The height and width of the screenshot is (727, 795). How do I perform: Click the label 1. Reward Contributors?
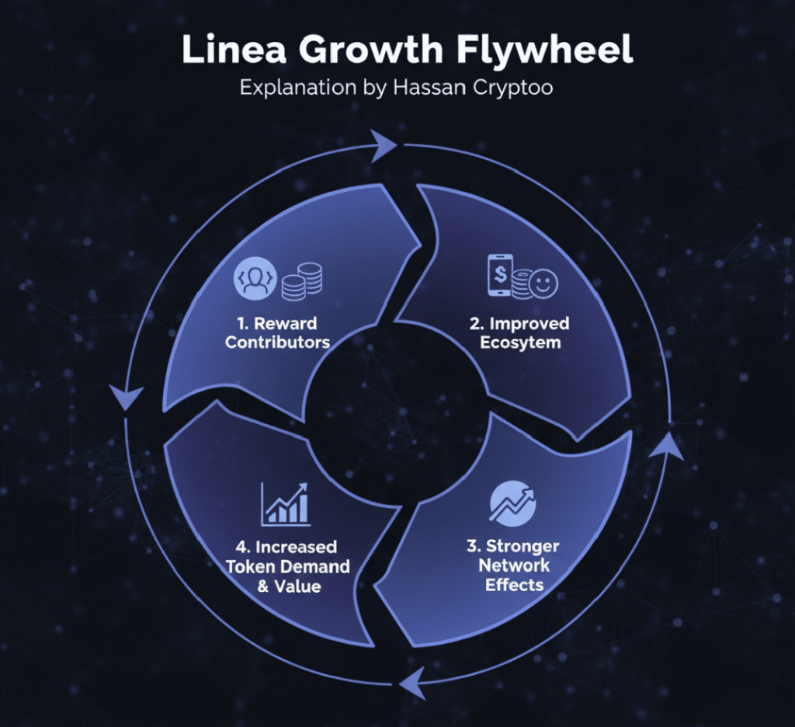(277, 332)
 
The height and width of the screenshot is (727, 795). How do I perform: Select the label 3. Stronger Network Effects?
(519, 565)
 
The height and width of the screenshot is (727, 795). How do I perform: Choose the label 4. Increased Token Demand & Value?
(288, 566)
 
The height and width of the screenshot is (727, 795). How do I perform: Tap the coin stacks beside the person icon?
(302, 280)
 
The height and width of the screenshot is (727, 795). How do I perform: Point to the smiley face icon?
(546, 283)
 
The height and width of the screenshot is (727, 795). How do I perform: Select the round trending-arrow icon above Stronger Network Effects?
(512, 503)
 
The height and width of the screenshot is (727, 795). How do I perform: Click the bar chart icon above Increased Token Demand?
(286, 503)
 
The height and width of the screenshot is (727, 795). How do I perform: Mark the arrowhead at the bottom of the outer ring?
(411, 681)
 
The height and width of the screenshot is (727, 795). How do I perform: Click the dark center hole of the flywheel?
(396, 400)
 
